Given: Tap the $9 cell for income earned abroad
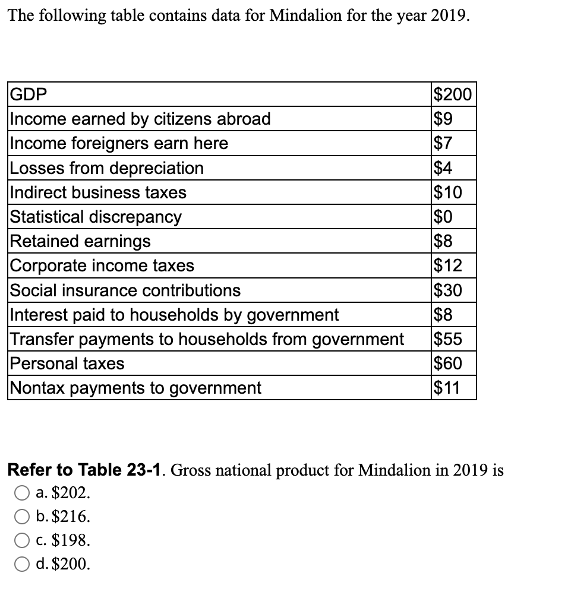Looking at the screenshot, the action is (443, 119).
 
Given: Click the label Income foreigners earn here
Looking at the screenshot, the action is (119, 144).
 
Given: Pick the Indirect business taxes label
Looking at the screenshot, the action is (99, 192).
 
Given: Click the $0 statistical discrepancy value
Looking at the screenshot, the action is (444, 217).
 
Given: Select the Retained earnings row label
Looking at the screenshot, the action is (81, 241).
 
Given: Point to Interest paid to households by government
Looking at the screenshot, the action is (175, 315).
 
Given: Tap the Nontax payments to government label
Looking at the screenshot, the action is (136, 388).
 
